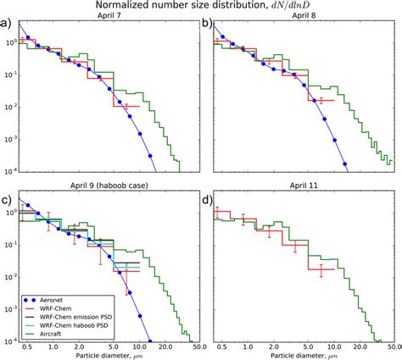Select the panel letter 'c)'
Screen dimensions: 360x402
tap(7, 202)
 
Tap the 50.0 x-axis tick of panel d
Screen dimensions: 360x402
tap(392, 346)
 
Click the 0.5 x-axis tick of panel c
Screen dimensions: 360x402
tap(28, 346)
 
